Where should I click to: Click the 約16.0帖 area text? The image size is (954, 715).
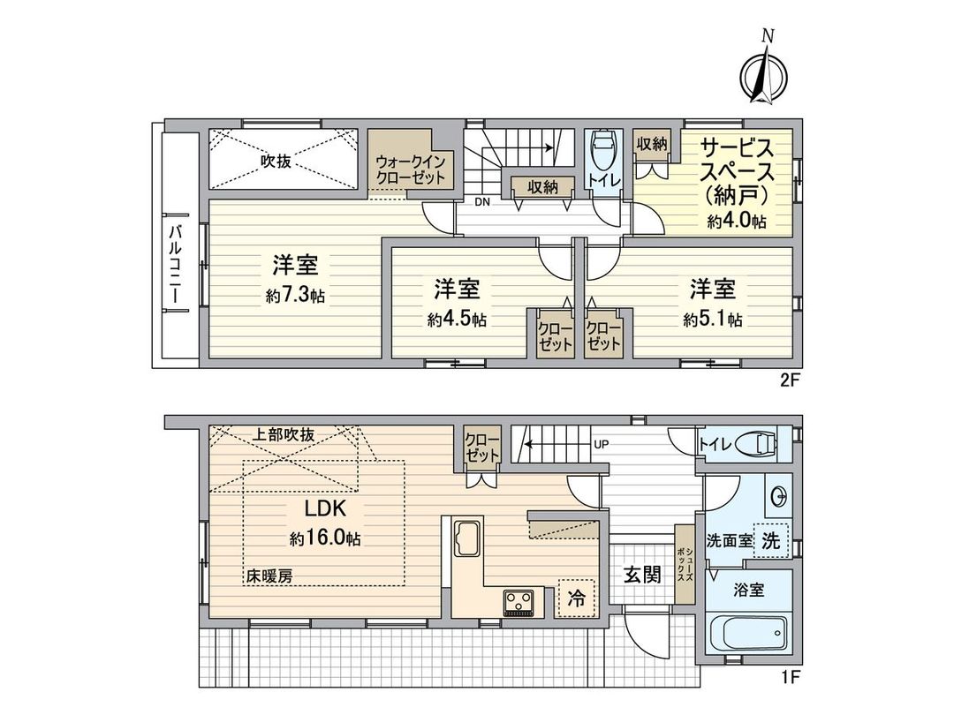click(324, 538)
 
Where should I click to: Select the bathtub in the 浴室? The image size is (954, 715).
click(747, 633)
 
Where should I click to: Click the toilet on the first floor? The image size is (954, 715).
click(758, 442)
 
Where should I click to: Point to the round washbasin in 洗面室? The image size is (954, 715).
click(778, 497)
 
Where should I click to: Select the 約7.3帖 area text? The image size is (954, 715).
click(295, 297)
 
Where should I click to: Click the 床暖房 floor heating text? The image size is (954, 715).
click(269, 576)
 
